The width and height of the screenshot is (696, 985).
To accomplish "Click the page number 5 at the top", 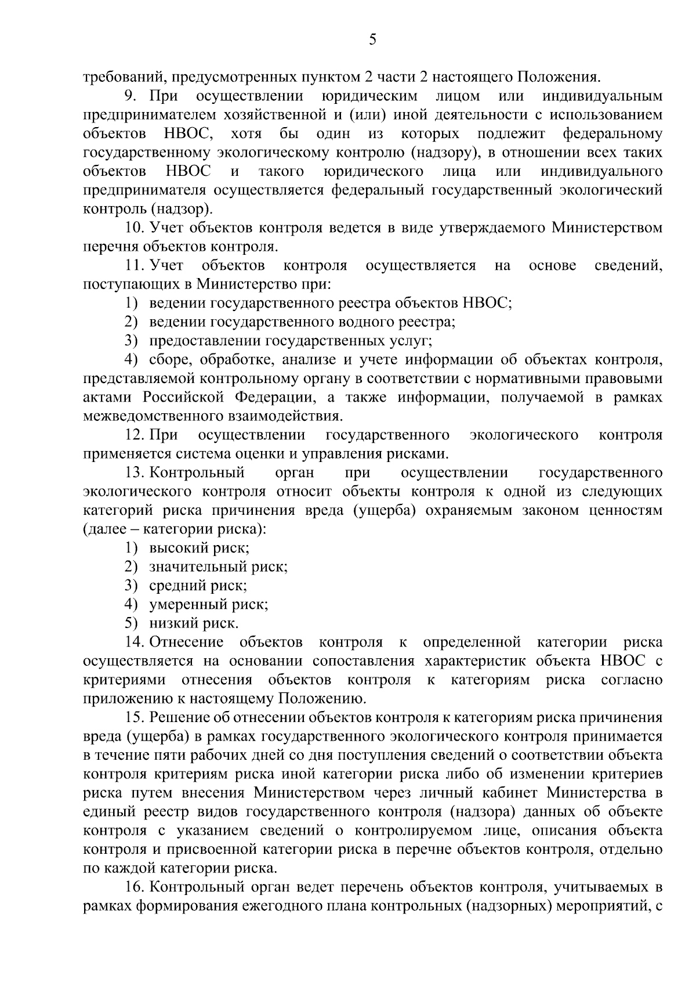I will point(372,39).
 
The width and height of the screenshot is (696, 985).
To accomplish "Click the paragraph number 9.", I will point(129,95).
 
